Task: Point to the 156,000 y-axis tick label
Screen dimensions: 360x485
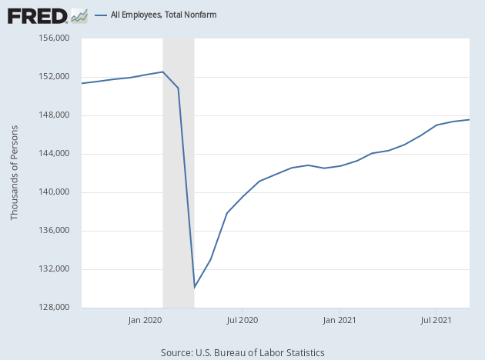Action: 55,38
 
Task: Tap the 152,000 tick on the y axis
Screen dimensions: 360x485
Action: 55,77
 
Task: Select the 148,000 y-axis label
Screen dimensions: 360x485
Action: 55,115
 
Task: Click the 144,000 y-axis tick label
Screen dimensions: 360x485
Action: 55,154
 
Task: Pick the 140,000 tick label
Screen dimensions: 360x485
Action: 55,192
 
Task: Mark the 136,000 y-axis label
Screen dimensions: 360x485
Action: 55,231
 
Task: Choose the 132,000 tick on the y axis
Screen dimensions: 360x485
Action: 55,269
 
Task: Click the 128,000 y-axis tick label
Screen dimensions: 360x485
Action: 55,308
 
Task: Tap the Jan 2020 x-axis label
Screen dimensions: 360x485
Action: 144,318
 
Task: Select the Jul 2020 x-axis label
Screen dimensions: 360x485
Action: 242,318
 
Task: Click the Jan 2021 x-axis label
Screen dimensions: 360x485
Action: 339,318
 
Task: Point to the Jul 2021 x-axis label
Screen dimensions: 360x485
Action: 436,318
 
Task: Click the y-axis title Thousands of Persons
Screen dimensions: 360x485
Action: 15,173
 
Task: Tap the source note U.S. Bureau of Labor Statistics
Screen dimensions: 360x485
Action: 242,352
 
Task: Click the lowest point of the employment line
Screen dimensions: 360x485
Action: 194,288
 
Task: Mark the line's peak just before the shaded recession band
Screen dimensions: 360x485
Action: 163,72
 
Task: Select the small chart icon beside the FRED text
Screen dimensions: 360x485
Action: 79,15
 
